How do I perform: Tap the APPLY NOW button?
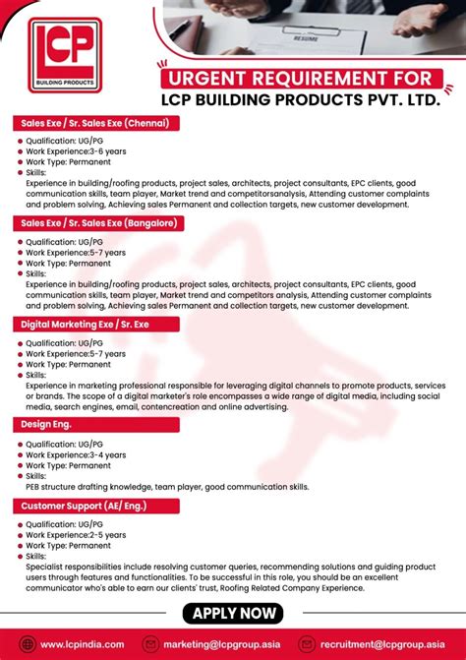(233, 614)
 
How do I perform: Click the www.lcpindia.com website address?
(83, 644)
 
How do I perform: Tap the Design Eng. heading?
(41, 424)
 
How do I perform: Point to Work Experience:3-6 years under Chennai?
(75, 151)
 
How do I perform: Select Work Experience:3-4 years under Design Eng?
(75, 454)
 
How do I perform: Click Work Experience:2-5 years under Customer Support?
(75, 535)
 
